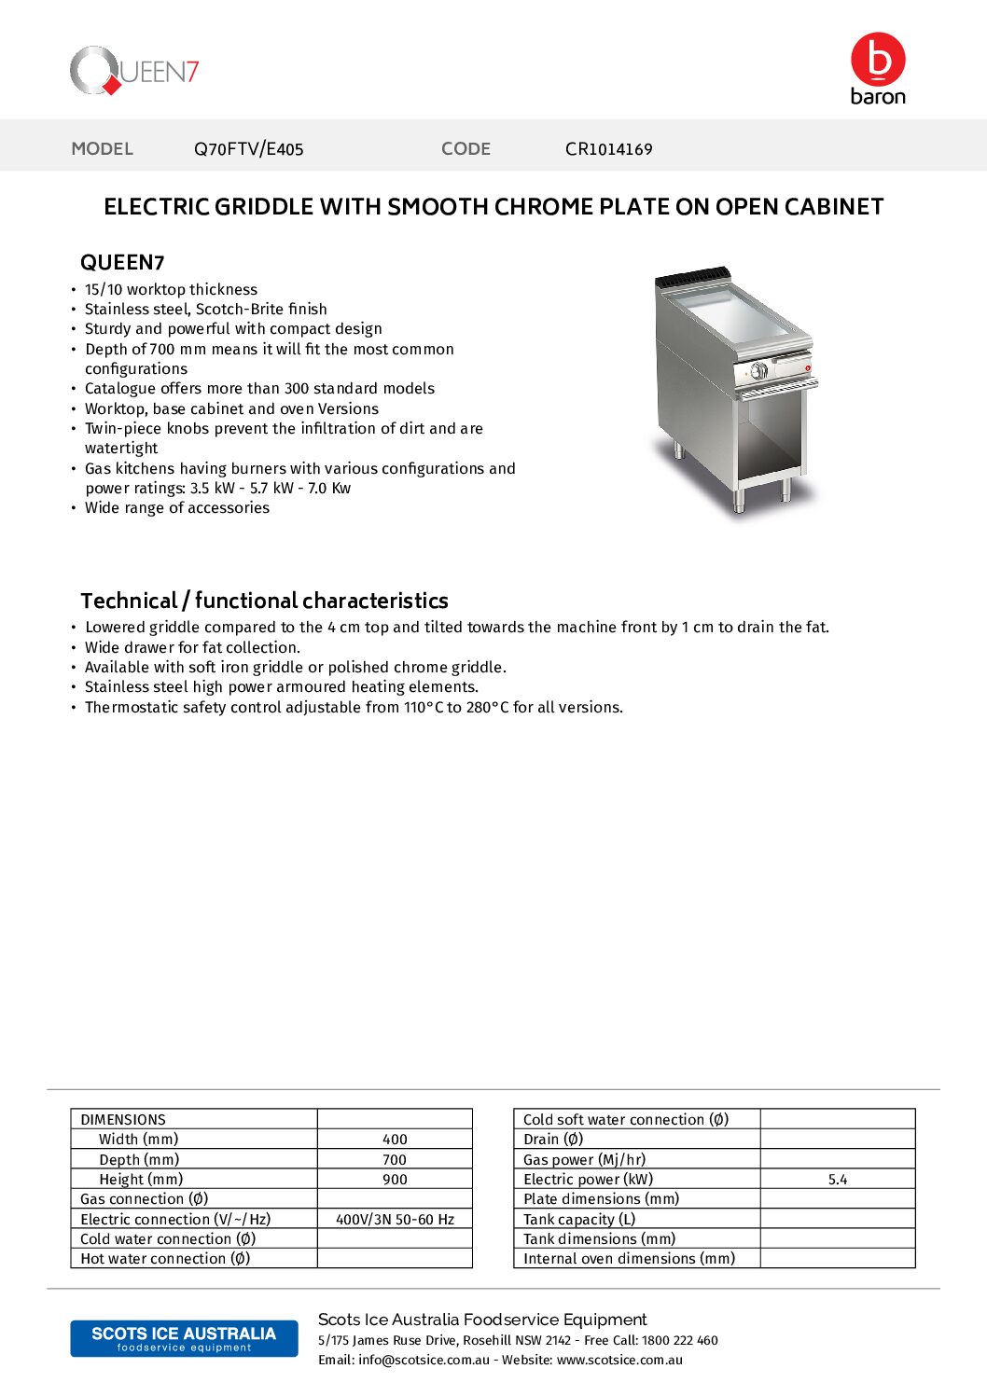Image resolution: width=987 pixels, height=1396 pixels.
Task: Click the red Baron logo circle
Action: click(878, 59)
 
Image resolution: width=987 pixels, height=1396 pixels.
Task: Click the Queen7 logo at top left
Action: click(134, 71)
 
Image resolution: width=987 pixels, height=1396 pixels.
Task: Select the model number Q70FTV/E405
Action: click(248, 149)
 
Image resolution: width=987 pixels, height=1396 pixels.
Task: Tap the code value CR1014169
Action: click(608, 149)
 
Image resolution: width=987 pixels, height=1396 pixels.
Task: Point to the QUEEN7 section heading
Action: click(122, 263)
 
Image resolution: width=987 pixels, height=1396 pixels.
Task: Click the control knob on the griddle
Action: click(759, 371)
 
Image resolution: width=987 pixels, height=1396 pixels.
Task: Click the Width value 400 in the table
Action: click(395, 1140)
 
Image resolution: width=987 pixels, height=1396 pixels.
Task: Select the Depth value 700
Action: click(395, 1160)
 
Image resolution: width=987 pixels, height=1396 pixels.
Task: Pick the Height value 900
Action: click(395, 1180)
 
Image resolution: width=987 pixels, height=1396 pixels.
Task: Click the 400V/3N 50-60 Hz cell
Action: click(395, 1220)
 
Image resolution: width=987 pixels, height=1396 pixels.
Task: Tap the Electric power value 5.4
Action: click(838, 1180)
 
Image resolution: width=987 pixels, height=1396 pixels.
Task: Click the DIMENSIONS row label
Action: click(123, 1120)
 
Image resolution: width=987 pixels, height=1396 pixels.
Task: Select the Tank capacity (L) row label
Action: click(579, 1220)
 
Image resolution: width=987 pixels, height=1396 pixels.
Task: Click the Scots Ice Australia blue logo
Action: click(184, 1338)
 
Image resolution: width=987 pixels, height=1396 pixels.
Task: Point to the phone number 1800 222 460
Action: click(680, 1341)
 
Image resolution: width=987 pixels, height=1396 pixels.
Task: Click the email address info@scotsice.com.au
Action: click(424, 1361)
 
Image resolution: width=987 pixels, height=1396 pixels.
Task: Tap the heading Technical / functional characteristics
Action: click(264, 601)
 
